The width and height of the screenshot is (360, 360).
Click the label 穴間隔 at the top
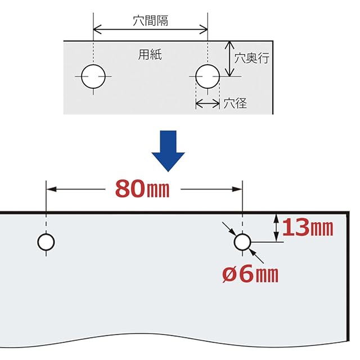coord(150,21)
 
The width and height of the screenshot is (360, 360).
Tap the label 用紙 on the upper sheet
coord(150,55)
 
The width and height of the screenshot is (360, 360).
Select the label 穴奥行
coord(252,58)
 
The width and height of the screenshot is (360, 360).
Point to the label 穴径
coord(235,103)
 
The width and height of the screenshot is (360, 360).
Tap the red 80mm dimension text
coord(142,189)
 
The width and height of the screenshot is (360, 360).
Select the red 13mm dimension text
coord(308,227)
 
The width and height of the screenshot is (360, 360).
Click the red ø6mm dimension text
coord(250,274)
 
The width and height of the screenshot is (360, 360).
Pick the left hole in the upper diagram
coord(93,76)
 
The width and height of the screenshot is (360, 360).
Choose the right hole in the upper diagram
coord(208,76)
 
